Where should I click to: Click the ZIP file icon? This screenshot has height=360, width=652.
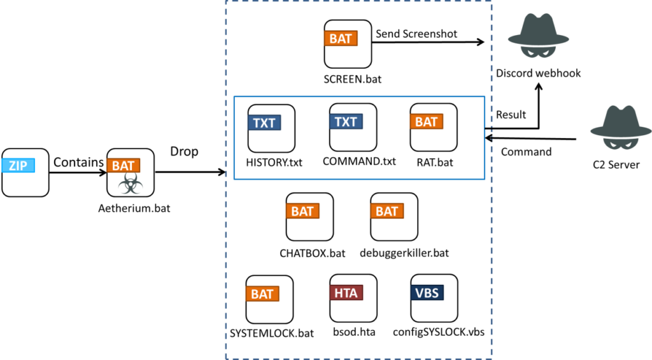[25, 172]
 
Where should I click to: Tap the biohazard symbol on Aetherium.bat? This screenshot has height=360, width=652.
[131, 184]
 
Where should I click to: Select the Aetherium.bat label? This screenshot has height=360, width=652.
[134, 208]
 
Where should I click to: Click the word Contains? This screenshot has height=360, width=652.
[78, 162]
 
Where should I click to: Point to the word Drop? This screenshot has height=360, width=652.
[184, 152]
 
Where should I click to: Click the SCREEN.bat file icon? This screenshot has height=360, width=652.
[348, 44]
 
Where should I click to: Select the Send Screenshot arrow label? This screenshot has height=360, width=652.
[416, 34]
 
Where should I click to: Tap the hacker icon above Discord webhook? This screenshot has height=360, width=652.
[539, 36]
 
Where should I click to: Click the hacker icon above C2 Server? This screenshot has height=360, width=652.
[621, 127]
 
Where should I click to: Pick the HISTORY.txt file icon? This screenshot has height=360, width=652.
[271, 128]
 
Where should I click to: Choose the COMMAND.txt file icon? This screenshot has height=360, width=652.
[353, 127]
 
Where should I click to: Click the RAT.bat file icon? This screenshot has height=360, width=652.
[434, 127]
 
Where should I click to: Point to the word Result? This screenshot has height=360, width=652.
[511, 115]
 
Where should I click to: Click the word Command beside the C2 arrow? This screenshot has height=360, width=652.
[526, 152]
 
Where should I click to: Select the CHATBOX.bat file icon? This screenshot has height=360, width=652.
[310, 217]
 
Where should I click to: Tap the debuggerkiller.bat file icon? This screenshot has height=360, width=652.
[394, 217]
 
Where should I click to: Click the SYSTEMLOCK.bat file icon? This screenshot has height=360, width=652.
[269, 299]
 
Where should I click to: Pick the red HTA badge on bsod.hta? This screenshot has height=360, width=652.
[346, 292]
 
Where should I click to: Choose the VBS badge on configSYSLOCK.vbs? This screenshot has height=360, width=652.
[427, 292]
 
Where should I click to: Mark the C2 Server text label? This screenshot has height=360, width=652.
[616, 165]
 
